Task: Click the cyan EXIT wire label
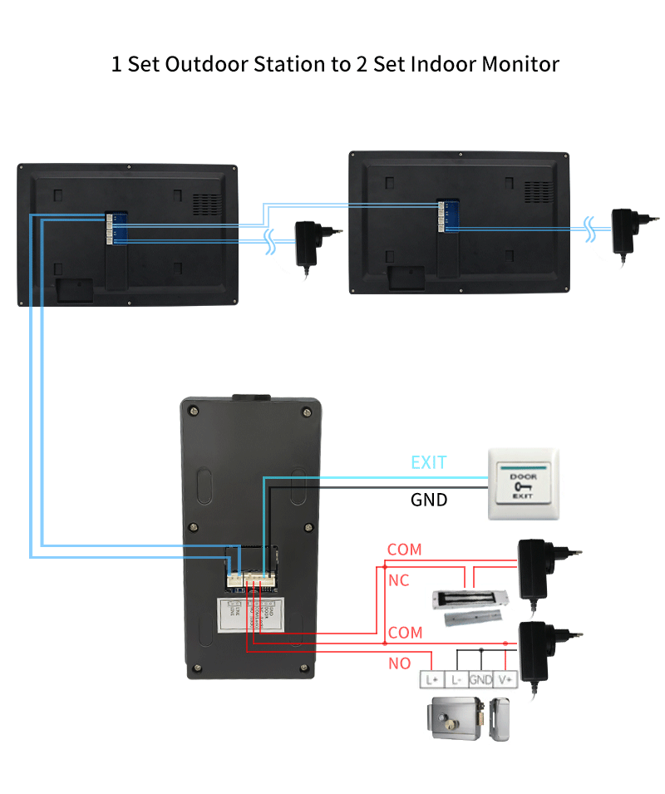pyautogui.click(x=429, y=462)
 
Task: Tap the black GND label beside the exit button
pyautogui.click(x=429, y=500)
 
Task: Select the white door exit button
pyautogui.click(x=523, y=485)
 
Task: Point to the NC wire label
pyautogui.click(x=399, y=580)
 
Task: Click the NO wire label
pyautogui.click(x=399, y=663)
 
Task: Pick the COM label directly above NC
pyautogui.click(x=405, y=550)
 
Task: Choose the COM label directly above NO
pyautogui.click(x=405, y=633)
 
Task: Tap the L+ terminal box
pyautogui.click(x=431, y=679)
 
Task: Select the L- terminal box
pyautogui.click(x=456, y=679)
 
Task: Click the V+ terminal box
pyautogui.click(x=506, y=679)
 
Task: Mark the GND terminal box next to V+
pyautogui.click(x=480, y=679)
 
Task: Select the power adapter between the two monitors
pyautogui.click(x=308, y=242)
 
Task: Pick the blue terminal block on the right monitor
pyautogui.click(x=447, y=215)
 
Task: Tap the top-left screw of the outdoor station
pyautogui.click(x=194, y=410)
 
